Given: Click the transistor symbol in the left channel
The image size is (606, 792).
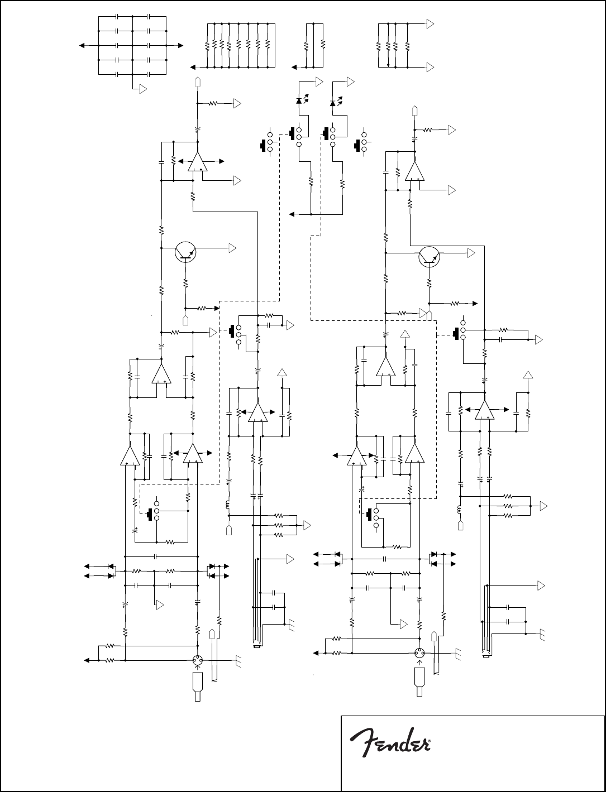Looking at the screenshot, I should coord(185,252).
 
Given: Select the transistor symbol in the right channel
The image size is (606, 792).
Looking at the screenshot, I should coord(429,256).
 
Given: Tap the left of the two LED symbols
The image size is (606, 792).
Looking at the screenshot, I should coord(299,101).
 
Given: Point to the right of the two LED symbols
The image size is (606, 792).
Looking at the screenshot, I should coord(333,103).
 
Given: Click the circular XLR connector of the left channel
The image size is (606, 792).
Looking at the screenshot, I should coord(197,660).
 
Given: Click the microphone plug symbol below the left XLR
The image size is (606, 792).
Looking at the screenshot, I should coord(197,687).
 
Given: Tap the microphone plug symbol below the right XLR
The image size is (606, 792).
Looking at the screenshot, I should coord(419,682).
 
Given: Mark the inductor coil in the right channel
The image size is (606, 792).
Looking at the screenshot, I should coord(460,510).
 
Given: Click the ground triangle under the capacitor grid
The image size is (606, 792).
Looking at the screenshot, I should coord(143,89).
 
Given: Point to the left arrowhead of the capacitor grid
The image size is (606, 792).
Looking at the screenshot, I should coord(82,45).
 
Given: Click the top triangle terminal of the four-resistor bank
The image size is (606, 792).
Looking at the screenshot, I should coord(430,24).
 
